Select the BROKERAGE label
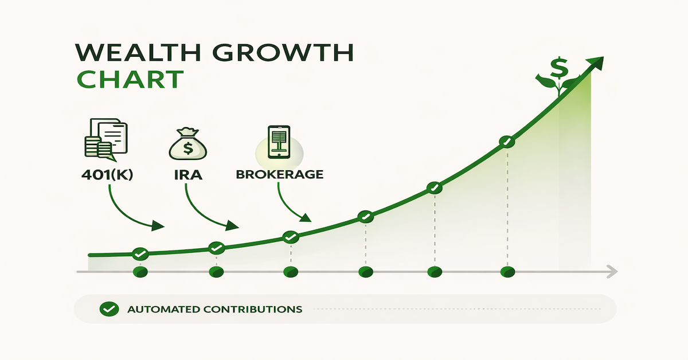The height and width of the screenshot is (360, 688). tap(279, 174)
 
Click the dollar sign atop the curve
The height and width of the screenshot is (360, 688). tap(558, 69)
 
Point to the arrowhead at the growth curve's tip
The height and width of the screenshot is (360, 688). tap(598, 61)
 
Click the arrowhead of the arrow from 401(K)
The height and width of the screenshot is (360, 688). tap(158, 227)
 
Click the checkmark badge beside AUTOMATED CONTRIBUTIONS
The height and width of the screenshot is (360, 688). tap(108, 310)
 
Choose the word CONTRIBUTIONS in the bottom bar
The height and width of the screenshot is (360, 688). tap(253, 310)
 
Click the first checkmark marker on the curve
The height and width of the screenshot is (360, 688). tap(140, 253)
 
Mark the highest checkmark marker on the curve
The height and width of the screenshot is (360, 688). tap(506, 142)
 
